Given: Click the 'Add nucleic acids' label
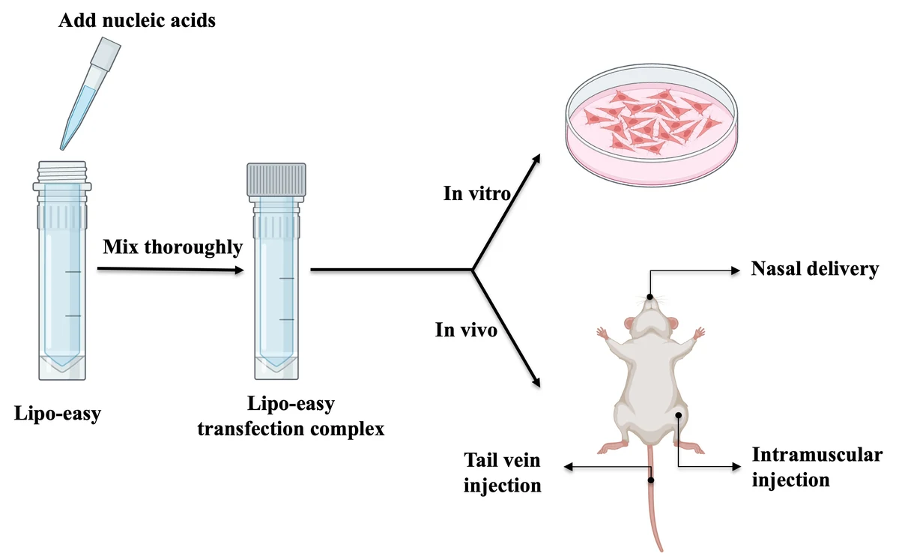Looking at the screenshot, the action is [x=137, y=20].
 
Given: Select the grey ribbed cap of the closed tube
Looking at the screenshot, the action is [x=276, y=179].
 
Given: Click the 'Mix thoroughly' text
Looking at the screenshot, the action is [x=172, y=247].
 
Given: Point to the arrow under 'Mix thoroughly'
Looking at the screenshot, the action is [x=171, y=269].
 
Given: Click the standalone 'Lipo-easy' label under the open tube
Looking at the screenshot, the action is [x=58, y=414].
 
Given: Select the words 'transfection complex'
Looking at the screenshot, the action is [x=291, y=429].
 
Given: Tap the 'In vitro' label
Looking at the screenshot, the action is [x=476, y=193].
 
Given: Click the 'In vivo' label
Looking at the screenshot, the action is [x=466, y=330].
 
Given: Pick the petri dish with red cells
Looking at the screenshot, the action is [x=651, y=124].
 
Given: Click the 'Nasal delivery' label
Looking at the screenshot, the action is [x=815, y=269].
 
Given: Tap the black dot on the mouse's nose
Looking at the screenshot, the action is [x=650, y=297].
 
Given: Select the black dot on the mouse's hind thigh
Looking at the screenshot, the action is [x=678, y=415].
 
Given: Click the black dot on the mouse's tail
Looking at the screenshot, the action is [x=651, y=480].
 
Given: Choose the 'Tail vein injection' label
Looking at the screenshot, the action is [x=503, y=473].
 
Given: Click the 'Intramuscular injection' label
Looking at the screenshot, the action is [x=817, y=467].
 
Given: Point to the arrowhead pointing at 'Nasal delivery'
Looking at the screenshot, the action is [x=736, y=271].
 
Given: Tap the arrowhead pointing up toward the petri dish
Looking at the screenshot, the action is [x=536, y=159].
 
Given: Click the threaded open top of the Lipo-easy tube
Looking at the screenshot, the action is [x=62, y=172].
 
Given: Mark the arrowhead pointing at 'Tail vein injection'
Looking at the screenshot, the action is [x=569, y=467].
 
